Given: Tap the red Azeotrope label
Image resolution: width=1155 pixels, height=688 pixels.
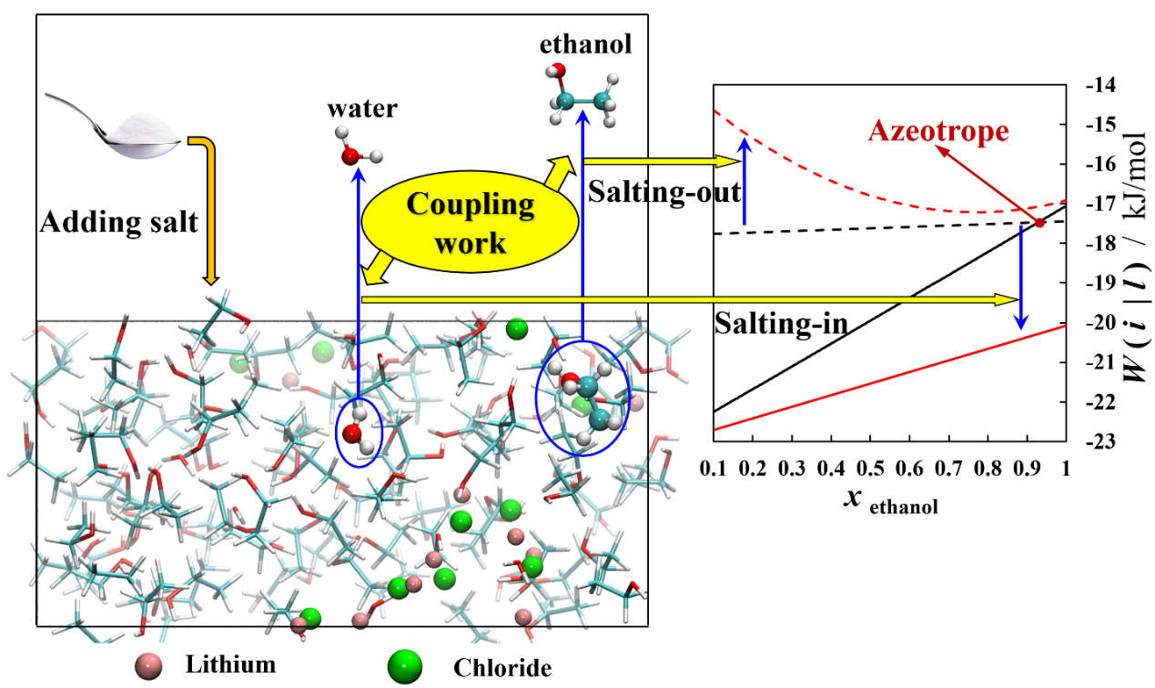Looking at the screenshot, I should click(938, 132).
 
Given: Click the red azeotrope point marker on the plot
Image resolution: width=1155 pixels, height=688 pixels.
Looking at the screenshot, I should click(1039, 223).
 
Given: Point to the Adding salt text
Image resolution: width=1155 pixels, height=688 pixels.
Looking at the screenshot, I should click(118, 223).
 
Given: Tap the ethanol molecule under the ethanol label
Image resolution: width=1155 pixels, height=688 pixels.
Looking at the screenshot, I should click(581, 96).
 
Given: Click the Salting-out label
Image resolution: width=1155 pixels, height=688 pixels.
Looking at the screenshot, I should click(664, 192).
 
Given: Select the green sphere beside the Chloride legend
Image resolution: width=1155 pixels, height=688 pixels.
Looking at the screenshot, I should click(405, 668).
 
